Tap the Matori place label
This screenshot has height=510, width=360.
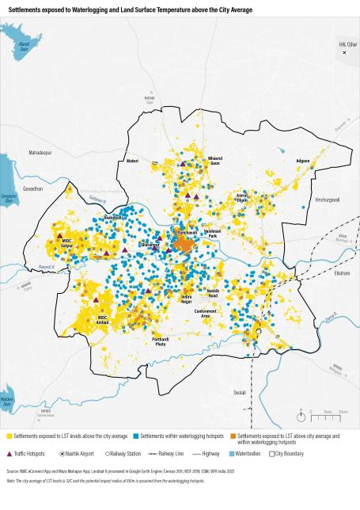coord(132,161)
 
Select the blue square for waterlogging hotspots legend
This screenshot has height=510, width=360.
coord(137,436)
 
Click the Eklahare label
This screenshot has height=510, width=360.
coord(342,272)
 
